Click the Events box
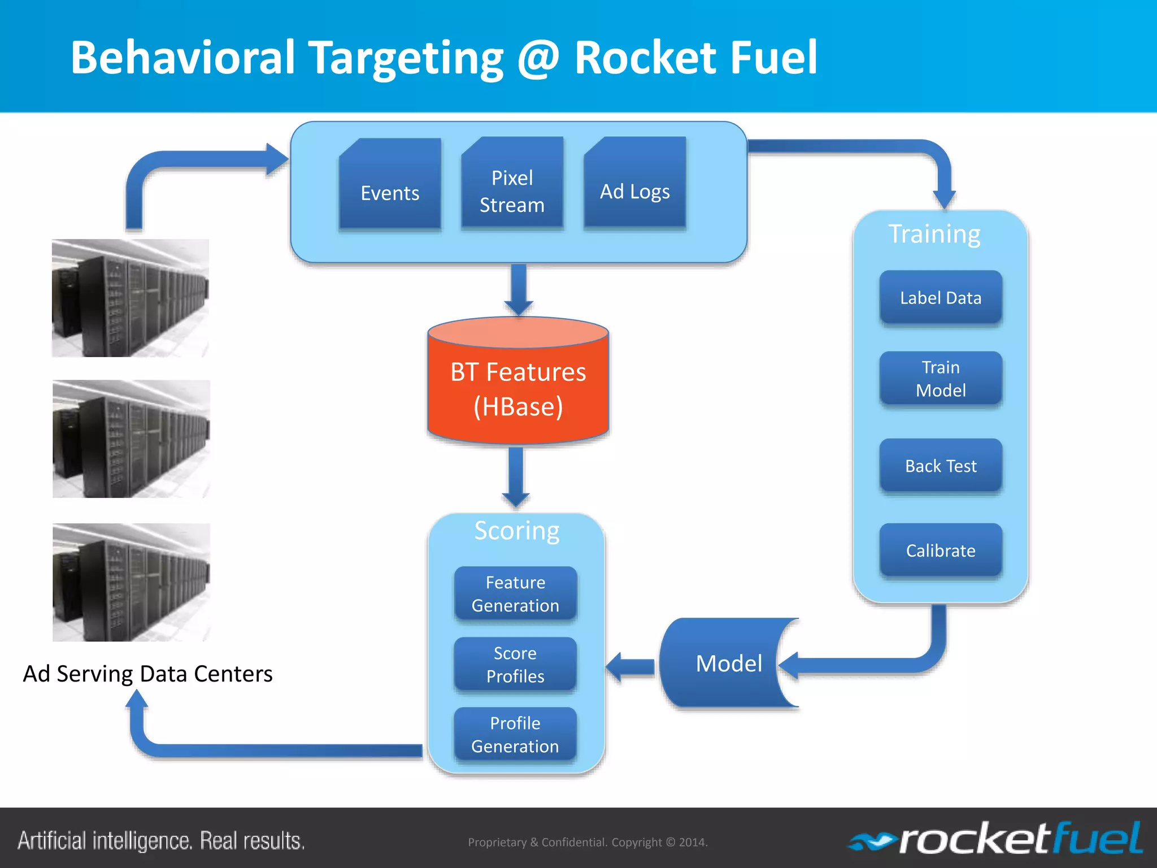[390, 184]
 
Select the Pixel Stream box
[512, 184]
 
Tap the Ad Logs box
[634, 184]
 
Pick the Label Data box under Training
[941, 297]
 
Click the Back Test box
[941, 466]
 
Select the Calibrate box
[941, 550]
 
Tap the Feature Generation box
[515, 593]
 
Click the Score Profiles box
[515, 664]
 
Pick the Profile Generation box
[515, 734]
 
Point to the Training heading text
[934, 234]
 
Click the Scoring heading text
[516, 530]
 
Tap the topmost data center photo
[131, 298]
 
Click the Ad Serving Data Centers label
[147, 674]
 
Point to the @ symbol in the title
[538, 58]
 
